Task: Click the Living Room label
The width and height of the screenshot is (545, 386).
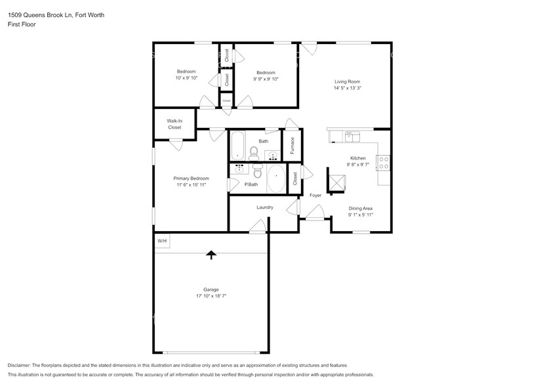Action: pyautogui.click(x=347, y=81)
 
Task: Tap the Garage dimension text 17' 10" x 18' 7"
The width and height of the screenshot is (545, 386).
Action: pyautogui.click(x=211, y=296)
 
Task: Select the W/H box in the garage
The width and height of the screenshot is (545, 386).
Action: pyautogui.click(x=162, y=241)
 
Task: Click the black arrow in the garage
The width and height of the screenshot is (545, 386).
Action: pyautogui.click(x=211, y=254)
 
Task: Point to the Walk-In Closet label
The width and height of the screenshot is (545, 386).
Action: pyautogui.click(x=174, y=124)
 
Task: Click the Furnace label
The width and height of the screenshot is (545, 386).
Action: pyautogui.click(x=293, y=145)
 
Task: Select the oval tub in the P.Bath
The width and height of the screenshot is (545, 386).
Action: pyautogui.click(x=276, y=179)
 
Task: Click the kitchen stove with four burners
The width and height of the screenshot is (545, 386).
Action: pyautogui.click(x=384, y=163)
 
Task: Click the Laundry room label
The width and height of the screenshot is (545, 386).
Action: pyautogui.click(x=265, y=207)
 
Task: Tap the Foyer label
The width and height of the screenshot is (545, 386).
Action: pyautogui.click(x=315, y=196)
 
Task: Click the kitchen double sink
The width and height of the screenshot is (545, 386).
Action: pyautogui.click(x=352, y=136)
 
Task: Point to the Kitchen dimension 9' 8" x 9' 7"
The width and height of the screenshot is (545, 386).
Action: pyautogui.click(x=357, y=165)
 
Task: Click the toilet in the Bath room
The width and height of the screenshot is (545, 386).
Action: pyautogui.click(x=252, y=153)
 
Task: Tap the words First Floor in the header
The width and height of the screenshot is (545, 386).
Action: pyautogui.click(x=22, y=24)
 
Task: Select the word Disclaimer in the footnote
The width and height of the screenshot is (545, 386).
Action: pyautogui.click(x=19, y=365)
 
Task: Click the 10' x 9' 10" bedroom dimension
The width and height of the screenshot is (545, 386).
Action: pyautogui.click(x=186, y=78)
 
